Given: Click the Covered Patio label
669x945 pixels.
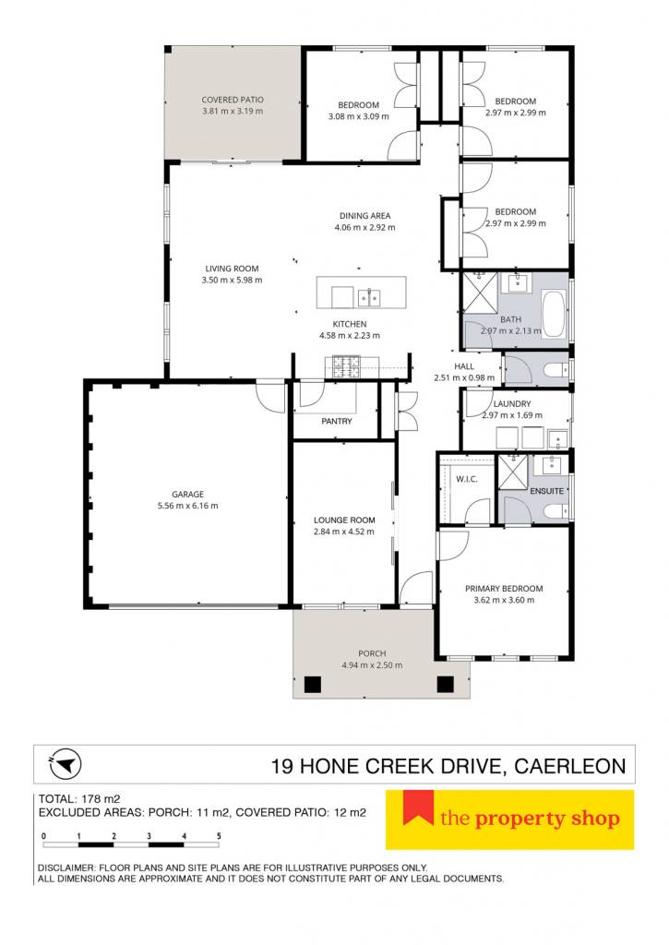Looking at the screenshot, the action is click(232, 100).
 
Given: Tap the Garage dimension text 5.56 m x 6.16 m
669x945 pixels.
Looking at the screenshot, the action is click(188, 507).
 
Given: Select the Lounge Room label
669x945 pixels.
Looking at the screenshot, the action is click(344, 520).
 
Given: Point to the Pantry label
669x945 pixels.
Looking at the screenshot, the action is click(336, 421).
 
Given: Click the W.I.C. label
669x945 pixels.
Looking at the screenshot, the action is click(467, 479).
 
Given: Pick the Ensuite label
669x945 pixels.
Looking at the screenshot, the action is click(546, 491).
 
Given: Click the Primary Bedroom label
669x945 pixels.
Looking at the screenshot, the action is click(504, 589).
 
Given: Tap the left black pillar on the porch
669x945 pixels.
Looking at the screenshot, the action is click(313, 685).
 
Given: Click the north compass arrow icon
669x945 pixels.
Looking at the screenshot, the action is click(66, 764).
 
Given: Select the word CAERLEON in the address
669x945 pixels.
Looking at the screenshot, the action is click(569, 767).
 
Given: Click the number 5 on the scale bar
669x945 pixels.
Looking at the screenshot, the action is click(219, 836).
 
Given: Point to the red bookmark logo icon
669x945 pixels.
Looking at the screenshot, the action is click(418, 807).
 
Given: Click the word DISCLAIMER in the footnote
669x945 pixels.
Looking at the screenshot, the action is click(63, 867).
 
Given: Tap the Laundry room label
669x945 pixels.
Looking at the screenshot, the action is click(512, 404).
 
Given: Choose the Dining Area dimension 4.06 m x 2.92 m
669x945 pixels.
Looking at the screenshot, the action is click(365, 228).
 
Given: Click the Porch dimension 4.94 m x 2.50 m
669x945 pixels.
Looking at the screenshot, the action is click(372, 665).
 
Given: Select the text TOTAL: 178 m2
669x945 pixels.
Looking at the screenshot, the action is click(79, 799).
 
